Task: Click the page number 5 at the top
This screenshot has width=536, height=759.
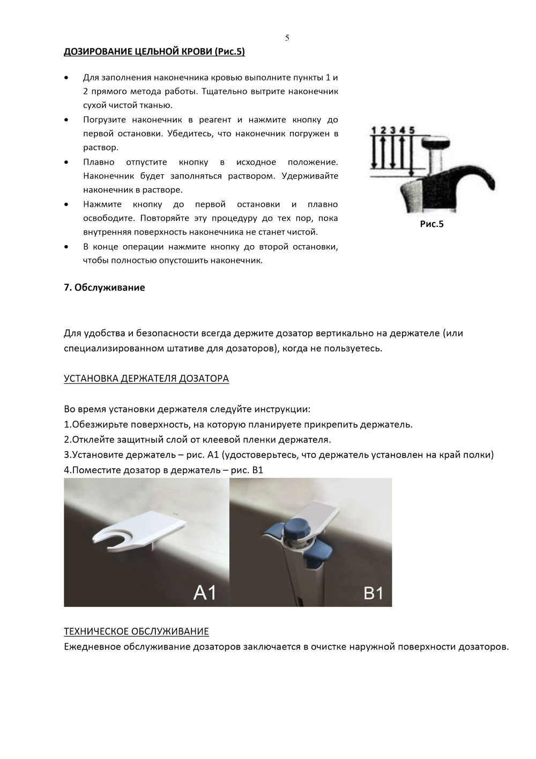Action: tap(287, 38)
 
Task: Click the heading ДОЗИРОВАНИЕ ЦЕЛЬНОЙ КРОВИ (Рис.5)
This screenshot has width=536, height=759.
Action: tap(154, 52)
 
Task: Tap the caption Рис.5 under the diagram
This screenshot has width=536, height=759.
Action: tap(431, 224)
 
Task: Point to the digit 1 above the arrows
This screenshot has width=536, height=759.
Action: tap(374, 130)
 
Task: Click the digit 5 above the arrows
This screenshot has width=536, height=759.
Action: tap(411, 130)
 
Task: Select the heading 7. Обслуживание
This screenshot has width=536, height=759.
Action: tap(104, 288)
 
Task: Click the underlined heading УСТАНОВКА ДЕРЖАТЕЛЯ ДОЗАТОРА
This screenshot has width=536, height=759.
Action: tap(146, 379)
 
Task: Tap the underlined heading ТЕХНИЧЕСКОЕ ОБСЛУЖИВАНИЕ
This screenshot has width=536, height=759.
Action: tap(136, 631)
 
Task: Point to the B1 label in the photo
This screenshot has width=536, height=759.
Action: tap(373, 593)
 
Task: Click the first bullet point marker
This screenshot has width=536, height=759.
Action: tap(66, 78)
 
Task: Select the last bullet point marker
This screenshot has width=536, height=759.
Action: tap(66, 247)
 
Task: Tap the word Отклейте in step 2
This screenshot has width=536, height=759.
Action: tap(92, 440)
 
